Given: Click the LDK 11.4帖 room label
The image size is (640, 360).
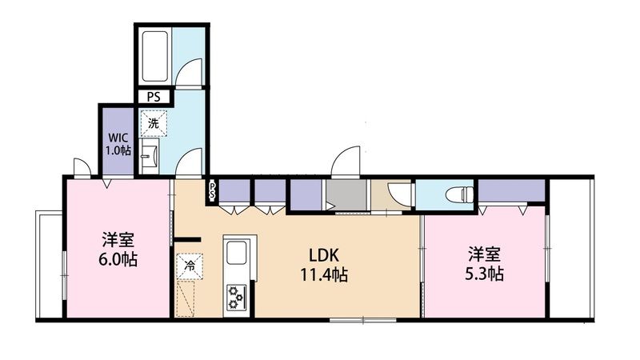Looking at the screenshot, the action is pyautogui.click(x=324, y=265).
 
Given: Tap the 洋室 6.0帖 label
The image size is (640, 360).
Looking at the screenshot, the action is pyautogui.click(x=118, y=250).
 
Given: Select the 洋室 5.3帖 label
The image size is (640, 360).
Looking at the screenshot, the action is pyautogui.click(x=484, y=264).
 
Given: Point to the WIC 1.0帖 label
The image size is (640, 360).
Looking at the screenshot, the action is pyautogui.click(x=118, y=144).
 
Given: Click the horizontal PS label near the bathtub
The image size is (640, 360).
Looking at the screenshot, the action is pyautogui.click(x=154, y=98).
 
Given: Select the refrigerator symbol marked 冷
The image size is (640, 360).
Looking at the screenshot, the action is pyautogui.click(x=190, y=266).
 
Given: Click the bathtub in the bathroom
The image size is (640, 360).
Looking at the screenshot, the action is pyautogui.click(x=155, y=56).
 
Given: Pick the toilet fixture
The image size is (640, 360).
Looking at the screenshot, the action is pyautogui.click(x=460, y=194).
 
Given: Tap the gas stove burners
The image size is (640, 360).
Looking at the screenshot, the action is pyautogui.click(x=236, y=297).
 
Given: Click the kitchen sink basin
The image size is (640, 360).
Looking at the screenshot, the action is pyautogui.click(x=236, y=253).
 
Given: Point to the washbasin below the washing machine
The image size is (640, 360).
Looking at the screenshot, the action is pyautogui.click(x=150, y=155).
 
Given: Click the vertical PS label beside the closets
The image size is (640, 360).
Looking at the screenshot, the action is pyautogui.click(x=212, y=191).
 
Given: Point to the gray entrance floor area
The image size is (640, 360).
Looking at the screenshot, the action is pyautogui.click(x=347, y=194).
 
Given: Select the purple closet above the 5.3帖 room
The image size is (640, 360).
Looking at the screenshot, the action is pyautogui.click(x=511, y=190).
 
